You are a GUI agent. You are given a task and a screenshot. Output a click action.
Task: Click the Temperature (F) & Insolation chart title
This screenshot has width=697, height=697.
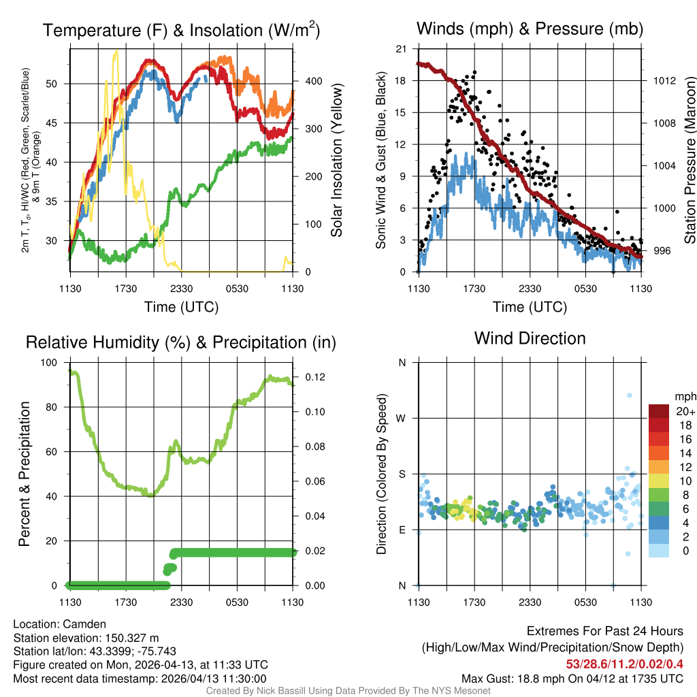pos(182,30)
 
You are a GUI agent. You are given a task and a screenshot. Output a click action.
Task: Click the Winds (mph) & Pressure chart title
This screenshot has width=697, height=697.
pos(530,29)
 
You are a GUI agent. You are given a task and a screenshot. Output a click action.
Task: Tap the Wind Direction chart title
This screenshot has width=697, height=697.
pos(530,338)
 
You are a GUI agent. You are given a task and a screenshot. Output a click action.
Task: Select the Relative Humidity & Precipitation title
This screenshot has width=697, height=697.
pos(181,342)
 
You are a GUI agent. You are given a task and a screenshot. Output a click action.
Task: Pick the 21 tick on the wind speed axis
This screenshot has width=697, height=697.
pos(402,49)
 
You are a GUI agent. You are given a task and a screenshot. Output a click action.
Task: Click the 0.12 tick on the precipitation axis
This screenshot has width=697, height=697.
pos(306,377)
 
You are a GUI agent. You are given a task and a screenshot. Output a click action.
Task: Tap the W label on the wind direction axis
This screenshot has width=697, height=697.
pos(402,418)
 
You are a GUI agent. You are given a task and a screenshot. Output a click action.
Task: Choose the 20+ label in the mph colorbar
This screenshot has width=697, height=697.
pos(685,412)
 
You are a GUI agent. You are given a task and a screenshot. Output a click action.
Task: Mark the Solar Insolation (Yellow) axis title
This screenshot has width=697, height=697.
pos(337,161)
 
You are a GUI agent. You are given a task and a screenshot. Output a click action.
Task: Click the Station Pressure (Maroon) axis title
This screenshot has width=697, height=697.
pos(689,161)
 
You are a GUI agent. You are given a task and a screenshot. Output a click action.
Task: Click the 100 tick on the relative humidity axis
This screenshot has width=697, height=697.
pos(51,363)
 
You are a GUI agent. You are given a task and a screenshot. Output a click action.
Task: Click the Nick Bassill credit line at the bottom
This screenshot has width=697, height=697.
pos(348,691)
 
